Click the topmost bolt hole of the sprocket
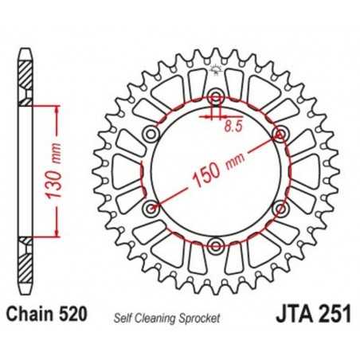coord(215,99)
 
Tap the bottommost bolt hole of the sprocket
coord(215,245)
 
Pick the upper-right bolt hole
coord(280,134)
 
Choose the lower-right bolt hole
coord(280,209)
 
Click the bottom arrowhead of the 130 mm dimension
coord(58,233)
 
